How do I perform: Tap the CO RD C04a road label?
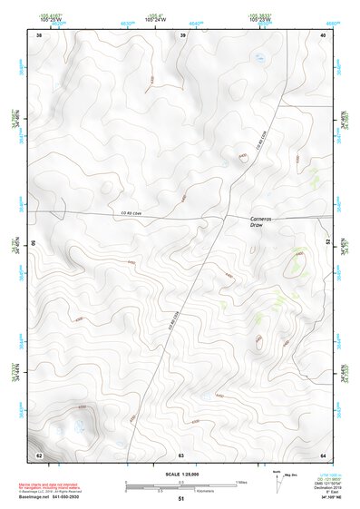(x=132, y=213)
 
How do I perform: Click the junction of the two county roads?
(x=226, y=216)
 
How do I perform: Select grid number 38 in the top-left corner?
(x=38, y=35)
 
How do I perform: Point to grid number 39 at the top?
(x=183, y=35)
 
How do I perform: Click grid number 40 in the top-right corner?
(x=323, y=35)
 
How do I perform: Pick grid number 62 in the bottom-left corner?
(x=38, y=454)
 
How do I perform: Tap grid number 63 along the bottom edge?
(x=181, y=454)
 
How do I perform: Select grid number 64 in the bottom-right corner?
(x=323, y=454)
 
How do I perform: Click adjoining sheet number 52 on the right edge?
(x=327, y=243)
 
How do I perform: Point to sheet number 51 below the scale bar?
(x=181, y=498)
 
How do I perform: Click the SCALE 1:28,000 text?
(x=180, y=474)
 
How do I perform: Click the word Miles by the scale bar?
(x=241, y=481)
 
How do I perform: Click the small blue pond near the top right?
(x=259, y=59)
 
